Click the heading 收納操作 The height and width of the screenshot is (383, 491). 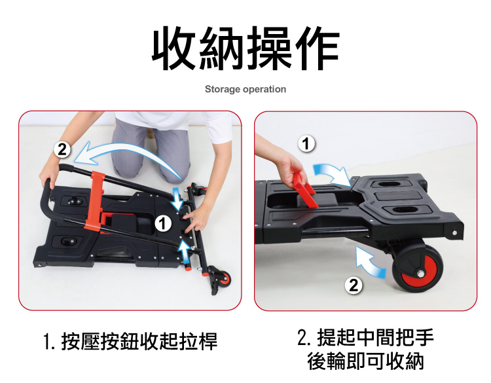pyautogui.click(x=245, y=48)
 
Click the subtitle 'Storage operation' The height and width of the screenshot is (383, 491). pyautogui.click(x=245, y=89)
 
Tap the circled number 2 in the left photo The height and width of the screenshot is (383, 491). pyautogui.click(x=62, y=149)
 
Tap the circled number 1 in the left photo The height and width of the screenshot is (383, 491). pyautogui.click(x=163, y=224)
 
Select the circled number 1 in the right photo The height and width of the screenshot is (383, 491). pyautogui.click(x=306, y=144)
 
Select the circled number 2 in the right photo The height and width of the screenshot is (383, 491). pyautogui.click(x=354, y=285)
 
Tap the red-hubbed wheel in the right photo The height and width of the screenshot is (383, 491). pyautogui.click(x=418, y=268)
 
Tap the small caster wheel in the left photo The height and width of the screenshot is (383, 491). pyautogui.click(x=223, y=278)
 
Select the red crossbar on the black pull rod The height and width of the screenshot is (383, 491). pyautogui.click(x=96, y=200)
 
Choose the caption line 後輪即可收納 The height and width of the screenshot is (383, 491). pyautogui.click(x=365, y=361)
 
